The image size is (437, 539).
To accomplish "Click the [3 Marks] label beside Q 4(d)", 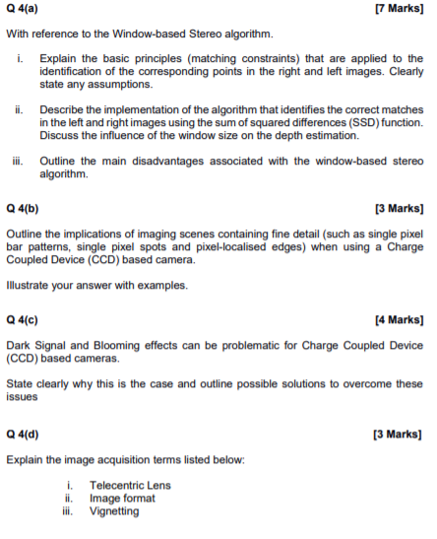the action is point(400,434).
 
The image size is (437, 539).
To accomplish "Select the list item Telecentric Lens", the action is point(130,486).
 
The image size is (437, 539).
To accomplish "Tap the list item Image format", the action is point(122,499).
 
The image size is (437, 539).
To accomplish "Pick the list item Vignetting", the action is point(114,511).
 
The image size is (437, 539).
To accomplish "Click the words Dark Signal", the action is point(36,346).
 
